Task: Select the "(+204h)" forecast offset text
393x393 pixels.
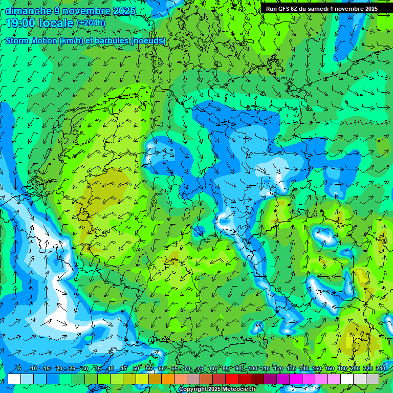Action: click(91, 23)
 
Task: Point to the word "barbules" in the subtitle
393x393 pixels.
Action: click(110, 40)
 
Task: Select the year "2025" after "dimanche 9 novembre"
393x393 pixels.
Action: click(124, 11)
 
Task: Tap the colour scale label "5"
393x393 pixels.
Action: click(19, 368)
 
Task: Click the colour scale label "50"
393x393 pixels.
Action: click(136, 368)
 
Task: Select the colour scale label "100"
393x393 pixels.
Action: click(253, 368)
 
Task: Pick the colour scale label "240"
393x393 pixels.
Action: click(381, 368)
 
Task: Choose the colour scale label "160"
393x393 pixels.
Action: click(330, 368)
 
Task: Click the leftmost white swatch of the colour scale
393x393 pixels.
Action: click(14, 379)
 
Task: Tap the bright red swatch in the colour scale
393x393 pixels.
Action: click(232, 379)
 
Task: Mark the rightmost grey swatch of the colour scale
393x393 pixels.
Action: click(373, 379)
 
